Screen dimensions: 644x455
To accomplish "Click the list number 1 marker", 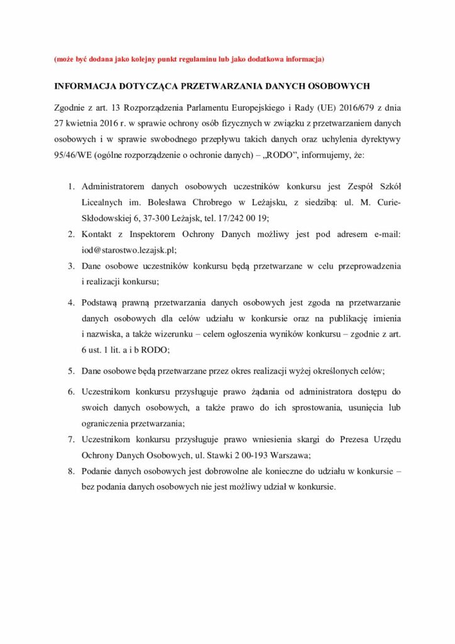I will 72,187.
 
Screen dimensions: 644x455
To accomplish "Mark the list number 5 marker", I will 72,370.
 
